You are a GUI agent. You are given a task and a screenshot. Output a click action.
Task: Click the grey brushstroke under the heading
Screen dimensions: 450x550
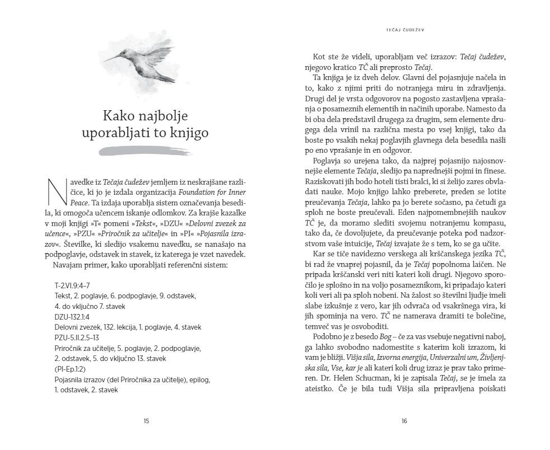(x=137, y=151)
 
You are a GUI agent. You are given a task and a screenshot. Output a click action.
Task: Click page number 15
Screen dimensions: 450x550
(x=146, y=421)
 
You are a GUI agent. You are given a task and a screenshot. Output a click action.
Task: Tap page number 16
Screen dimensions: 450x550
(x=404, y=421)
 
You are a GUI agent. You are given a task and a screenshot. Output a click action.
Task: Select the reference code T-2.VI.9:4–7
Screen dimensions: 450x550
(x=72, y=285)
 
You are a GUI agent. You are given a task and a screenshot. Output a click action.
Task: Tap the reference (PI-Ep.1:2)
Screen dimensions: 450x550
(x=71, y=368)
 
